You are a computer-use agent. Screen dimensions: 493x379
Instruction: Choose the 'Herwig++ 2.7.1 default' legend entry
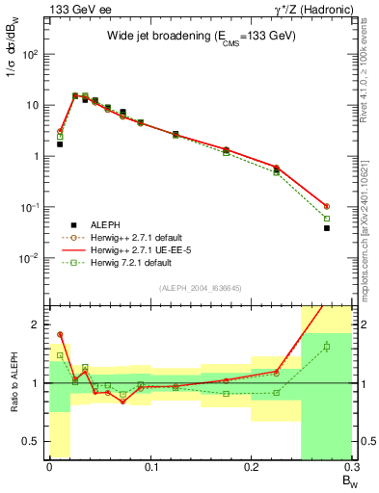(143, 236)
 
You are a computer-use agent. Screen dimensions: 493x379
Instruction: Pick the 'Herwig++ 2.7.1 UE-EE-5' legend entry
(144, 249)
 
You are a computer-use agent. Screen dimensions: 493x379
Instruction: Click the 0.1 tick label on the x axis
(149, 469)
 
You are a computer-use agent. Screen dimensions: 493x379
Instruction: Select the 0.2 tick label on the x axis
(251, 469)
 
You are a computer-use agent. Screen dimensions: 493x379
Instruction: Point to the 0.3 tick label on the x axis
(350, 469)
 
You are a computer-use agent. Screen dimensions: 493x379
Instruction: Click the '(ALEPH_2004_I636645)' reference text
(200, 288)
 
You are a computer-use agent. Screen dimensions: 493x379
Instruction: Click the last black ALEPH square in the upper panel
(327, 228)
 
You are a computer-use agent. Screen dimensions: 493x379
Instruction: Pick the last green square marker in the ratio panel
(327, 347)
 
